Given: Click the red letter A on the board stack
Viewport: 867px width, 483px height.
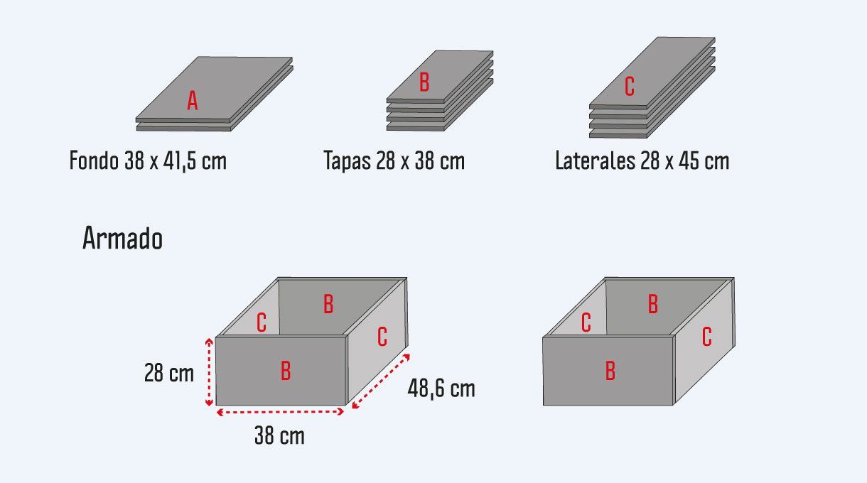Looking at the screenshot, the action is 193,101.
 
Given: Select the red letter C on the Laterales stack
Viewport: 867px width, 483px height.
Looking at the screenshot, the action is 630,86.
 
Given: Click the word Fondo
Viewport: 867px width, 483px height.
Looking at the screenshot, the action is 94,160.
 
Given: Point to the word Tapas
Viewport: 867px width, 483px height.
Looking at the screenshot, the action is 348,161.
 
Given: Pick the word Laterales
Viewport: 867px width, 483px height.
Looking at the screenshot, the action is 595,160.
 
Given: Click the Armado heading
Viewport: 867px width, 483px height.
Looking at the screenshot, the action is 122,238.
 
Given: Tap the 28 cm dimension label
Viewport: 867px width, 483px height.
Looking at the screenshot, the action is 168,373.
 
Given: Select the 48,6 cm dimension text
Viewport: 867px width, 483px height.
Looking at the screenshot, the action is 441,389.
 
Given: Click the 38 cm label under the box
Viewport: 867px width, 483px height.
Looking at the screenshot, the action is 279,435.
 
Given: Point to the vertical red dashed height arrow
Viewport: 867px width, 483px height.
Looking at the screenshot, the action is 209,372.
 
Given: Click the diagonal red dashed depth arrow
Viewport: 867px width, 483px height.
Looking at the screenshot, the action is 381,381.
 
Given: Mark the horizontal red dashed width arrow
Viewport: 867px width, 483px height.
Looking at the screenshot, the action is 280,412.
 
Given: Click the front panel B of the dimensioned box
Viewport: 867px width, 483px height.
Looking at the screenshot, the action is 286,371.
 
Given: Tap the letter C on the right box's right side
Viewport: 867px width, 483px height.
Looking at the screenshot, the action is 707,337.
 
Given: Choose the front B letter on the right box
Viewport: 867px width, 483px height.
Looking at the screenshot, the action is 610,371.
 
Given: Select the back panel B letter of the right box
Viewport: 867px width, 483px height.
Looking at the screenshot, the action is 653,304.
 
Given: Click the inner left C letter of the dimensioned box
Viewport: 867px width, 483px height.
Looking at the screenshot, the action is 262,322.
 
